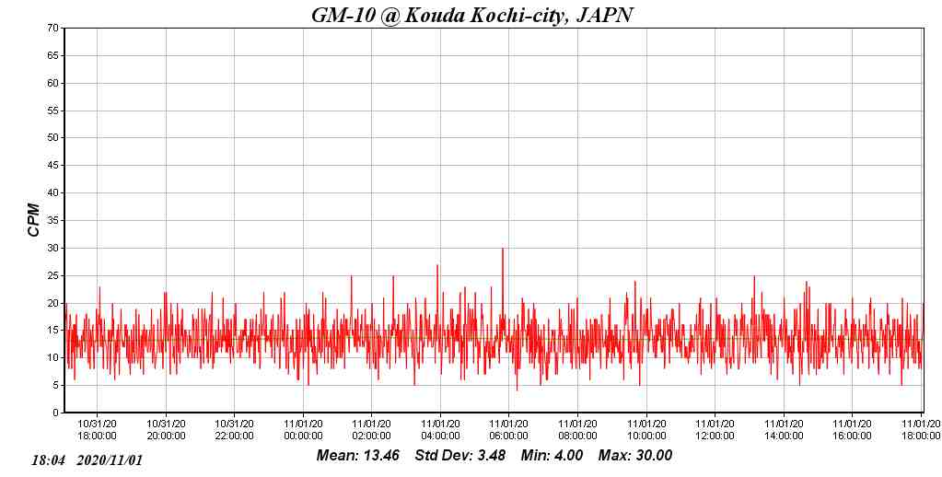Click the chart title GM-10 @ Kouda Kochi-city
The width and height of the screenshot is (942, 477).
472,15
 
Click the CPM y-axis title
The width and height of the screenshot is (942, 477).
34,220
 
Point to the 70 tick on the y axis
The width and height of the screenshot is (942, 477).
53,28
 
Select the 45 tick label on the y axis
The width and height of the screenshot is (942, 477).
53,166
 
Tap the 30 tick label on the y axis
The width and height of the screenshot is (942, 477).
53,248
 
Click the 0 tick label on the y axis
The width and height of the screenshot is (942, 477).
56,413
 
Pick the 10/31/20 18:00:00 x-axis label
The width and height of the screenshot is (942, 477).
97,430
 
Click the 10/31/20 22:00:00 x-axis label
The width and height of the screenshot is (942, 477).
234,430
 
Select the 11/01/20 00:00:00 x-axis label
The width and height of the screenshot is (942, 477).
303,430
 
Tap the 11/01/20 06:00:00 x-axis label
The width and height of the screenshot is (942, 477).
508,430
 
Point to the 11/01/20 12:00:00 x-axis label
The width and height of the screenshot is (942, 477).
715,430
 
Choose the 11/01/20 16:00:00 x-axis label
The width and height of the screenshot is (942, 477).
852,430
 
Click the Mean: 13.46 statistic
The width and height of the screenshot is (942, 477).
357,456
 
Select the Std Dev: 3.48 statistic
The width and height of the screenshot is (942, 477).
459,456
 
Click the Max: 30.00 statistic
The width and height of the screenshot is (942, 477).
635,456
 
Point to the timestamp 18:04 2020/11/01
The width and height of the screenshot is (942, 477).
87,460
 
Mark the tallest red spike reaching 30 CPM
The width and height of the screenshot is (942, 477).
503,250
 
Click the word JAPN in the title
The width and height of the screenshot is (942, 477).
604,15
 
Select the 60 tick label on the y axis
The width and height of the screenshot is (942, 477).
53,83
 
